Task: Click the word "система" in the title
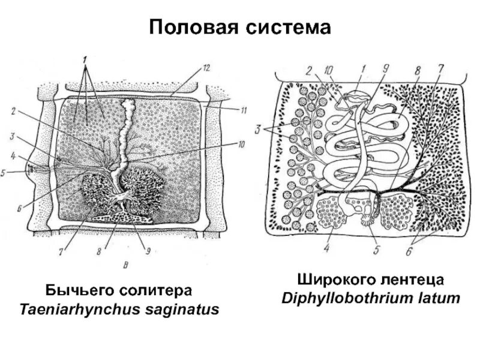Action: click(290, 28)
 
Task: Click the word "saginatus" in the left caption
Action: click(179, 310)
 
